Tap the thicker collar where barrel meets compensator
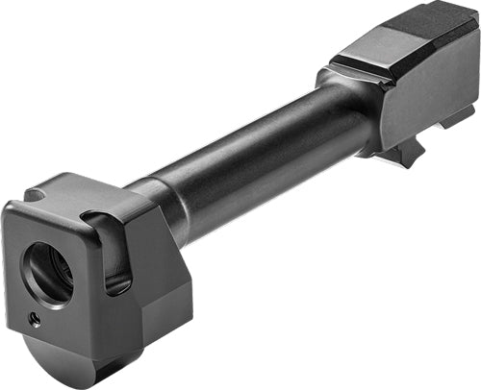point(159,207)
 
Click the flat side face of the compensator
point(154,269)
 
